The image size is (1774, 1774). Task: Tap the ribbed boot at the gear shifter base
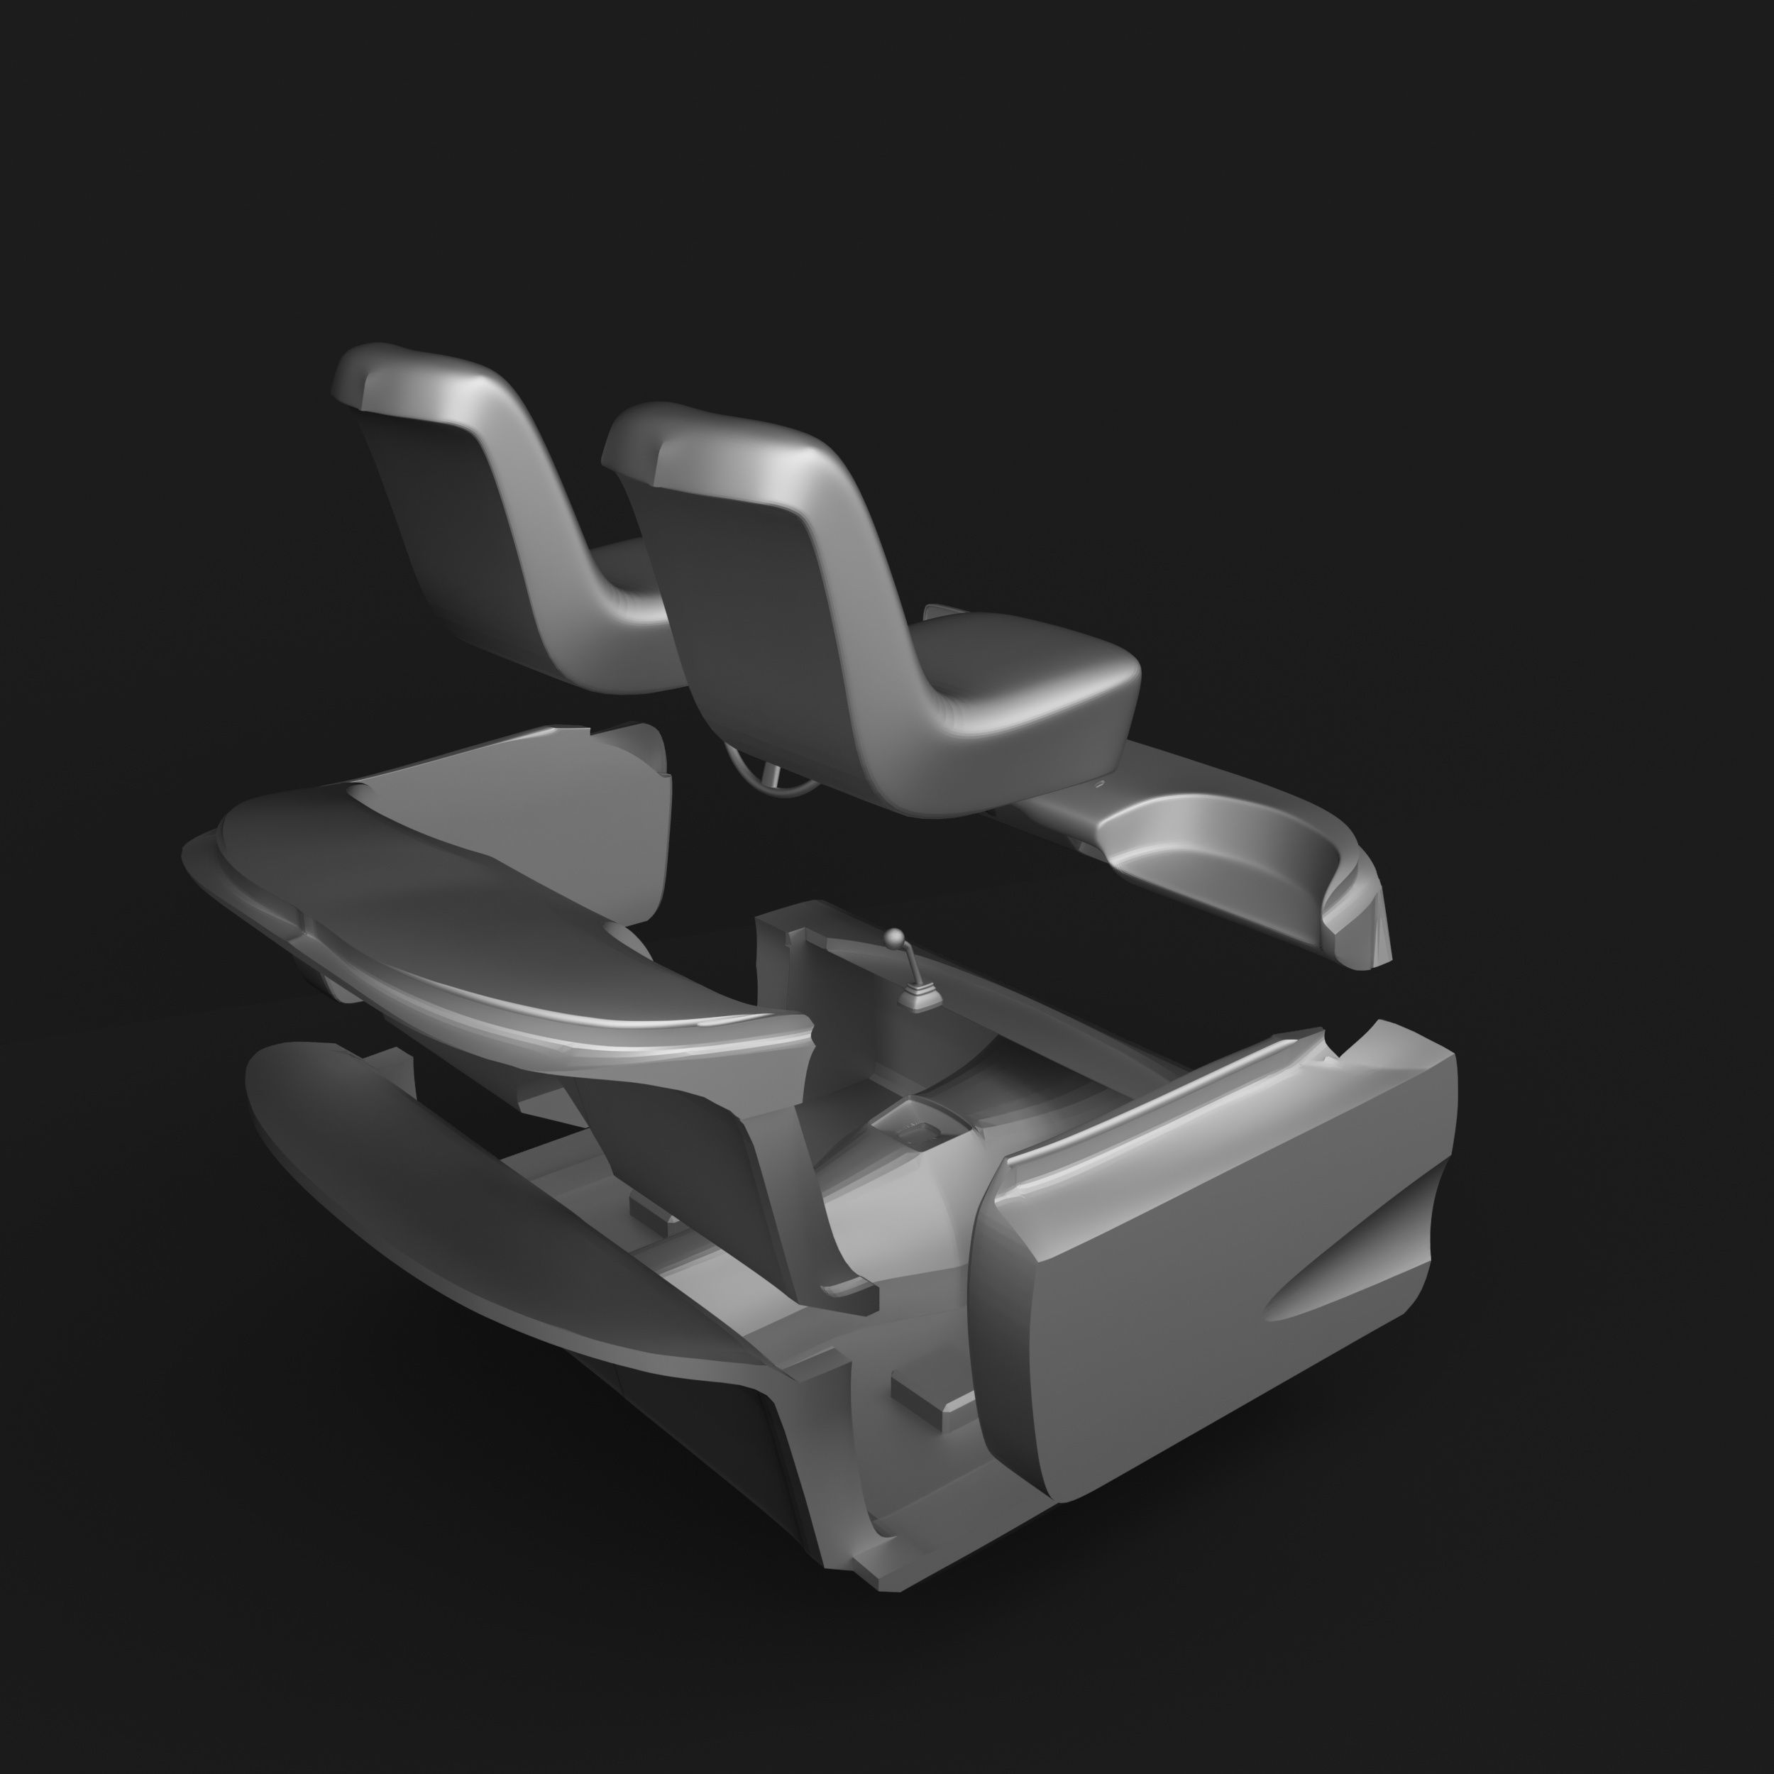tap(915, 996)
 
